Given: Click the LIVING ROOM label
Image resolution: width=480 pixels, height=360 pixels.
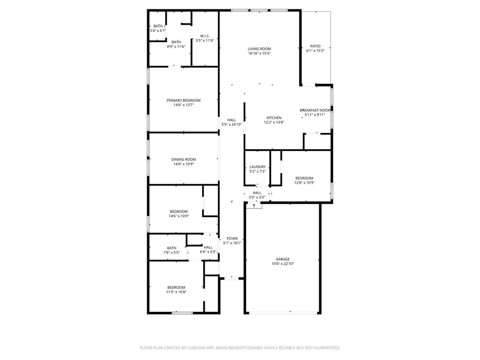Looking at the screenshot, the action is point(259,49).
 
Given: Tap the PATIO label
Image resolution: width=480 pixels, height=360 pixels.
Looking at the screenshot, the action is point(315,46).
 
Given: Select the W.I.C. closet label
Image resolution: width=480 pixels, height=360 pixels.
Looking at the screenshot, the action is point(205,36).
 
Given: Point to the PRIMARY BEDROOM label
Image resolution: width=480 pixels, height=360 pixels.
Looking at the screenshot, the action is point(183,100).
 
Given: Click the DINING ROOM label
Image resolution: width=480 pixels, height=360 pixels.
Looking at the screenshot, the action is point(183,159).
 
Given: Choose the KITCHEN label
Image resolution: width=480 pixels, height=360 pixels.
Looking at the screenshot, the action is point(274,118).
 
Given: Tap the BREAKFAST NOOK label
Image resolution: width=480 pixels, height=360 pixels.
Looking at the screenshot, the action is point(315,110).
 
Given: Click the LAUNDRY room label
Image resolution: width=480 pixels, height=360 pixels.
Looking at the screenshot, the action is point(257,167).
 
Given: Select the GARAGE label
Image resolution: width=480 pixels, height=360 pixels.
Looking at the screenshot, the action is point(283,259).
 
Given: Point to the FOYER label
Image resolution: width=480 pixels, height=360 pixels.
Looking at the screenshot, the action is point(232,239).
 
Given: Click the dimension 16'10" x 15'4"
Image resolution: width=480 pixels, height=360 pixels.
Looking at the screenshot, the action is point(259,53).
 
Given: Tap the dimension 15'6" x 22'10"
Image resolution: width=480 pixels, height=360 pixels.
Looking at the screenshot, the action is point(283,263).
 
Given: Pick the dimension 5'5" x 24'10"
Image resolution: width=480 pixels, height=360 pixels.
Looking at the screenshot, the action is point(232,125).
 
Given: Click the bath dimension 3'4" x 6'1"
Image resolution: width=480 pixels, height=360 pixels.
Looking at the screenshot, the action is point(157,30).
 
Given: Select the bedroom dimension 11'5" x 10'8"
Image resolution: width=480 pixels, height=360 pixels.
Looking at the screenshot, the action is point(176,292).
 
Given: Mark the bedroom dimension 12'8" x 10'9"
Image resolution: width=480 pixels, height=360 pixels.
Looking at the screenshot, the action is point(304,183).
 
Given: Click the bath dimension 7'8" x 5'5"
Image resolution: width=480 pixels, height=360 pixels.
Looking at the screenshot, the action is point(172,253).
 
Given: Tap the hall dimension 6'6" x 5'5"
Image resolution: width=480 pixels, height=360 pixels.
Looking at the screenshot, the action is point(208,252).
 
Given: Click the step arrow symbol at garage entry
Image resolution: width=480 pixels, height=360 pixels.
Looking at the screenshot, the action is point(254,206).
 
